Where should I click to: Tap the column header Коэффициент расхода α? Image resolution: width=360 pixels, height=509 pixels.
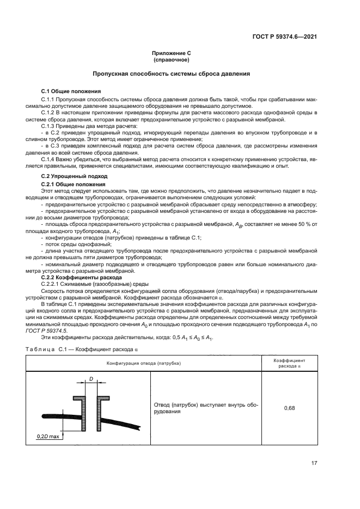pos(289,363)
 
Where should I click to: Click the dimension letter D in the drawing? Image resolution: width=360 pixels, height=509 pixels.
pos(91,378)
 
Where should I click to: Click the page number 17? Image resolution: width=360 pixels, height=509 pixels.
pos(314,463)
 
